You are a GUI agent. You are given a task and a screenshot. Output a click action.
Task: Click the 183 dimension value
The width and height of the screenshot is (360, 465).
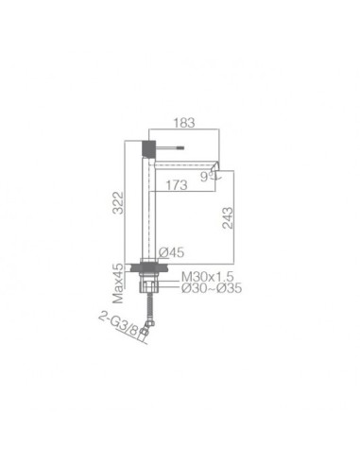point(184,123)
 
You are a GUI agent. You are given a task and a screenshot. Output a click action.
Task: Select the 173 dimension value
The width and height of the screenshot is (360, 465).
point(177,185)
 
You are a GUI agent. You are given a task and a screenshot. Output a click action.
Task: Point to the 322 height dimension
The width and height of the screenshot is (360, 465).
point(118,202)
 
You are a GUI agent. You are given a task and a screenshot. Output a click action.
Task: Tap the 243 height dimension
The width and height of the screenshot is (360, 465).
point(228,217)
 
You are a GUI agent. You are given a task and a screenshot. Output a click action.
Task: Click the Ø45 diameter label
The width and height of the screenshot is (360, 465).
point(171,252)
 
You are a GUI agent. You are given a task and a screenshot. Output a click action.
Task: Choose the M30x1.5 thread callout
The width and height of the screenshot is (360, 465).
point(207,277)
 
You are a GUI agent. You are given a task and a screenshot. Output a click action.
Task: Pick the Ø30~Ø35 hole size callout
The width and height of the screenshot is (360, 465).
point(212,287)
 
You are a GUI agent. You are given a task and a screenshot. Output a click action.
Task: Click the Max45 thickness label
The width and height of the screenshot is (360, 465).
point(118,283)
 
